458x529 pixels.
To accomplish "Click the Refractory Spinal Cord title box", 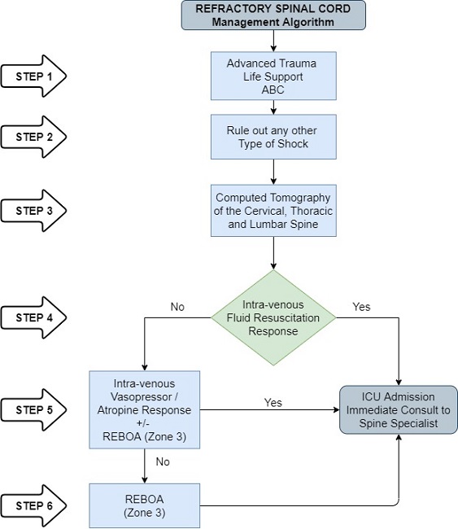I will click(x=274, y=15).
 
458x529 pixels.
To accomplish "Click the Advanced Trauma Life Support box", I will click(x=274, y=77).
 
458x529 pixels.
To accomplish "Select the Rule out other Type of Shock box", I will click(x=274, y=136).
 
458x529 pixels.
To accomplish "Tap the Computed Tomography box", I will click(x=274, y=211).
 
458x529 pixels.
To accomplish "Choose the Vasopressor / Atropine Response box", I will click(x=144, y=409).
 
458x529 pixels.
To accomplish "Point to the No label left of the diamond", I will click(x=178, y=308).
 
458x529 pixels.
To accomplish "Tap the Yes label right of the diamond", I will click(x=361, y=308).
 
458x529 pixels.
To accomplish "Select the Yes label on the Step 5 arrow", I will click(x=273, y=402).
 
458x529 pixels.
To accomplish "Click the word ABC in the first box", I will click(x=274, y=90).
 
